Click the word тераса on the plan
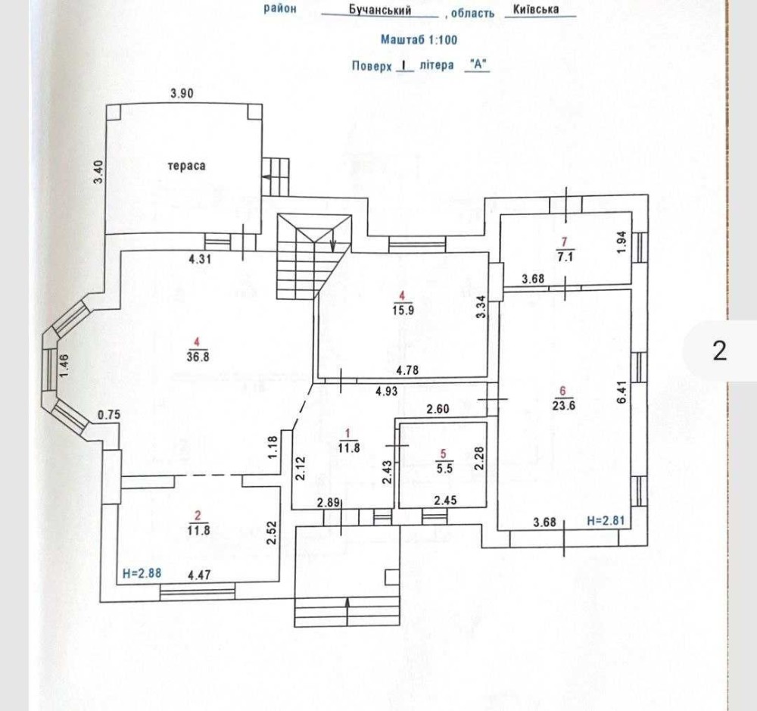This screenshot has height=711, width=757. (x=188, y=164)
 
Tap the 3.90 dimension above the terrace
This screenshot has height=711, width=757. (x=182, y=94)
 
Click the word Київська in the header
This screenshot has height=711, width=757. (x=535, y=9)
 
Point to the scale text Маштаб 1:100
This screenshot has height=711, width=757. (x=419, y=39)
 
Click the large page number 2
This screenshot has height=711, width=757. (x=719, y=351)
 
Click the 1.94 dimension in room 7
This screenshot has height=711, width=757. (x=621, y=242)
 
